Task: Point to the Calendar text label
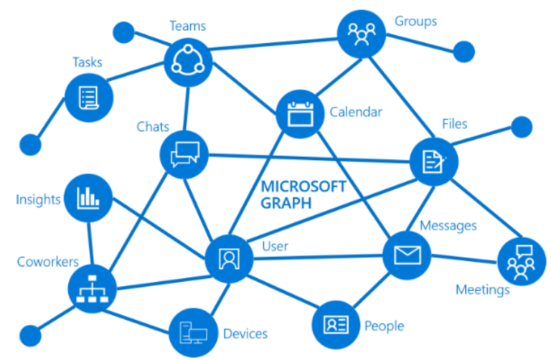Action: coord(356,111)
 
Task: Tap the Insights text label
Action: coord(38,199)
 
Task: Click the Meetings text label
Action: coord(482,290)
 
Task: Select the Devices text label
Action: coord(245,333)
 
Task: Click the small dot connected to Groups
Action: coord(463,51)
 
